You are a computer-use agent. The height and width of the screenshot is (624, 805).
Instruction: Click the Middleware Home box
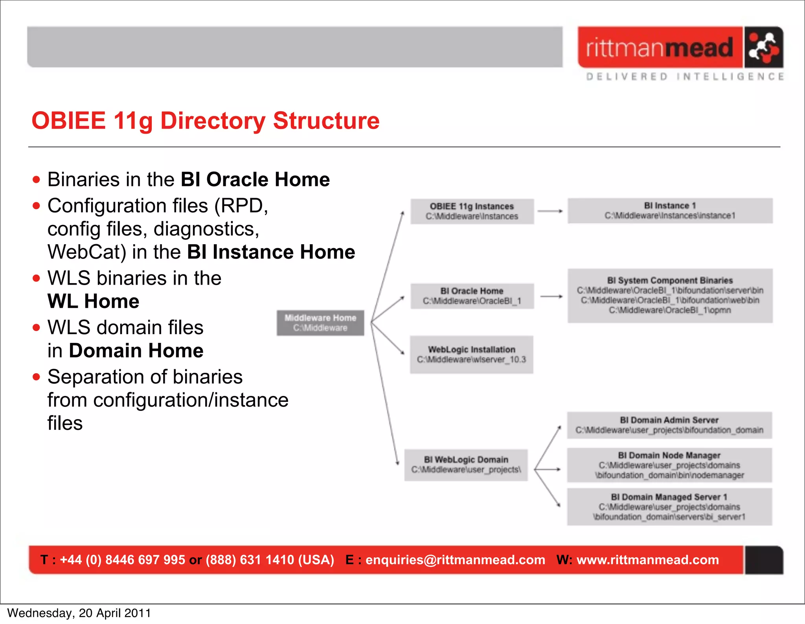click(x=320, y=323)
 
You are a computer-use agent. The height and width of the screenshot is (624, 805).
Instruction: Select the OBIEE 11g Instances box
click(x=472, y=212)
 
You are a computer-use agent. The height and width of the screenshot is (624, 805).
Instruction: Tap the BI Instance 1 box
click(x=670, y=211)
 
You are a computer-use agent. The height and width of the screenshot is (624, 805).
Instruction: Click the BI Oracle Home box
click(x=472, y=296)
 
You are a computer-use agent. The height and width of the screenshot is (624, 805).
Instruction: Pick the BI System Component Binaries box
click(x=670, y=296)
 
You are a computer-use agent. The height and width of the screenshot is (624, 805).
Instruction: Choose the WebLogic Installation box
click(x=471, y=354)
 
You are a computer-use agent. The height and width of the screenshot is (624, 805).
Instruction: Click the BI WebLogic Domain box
click(x=466, y=465)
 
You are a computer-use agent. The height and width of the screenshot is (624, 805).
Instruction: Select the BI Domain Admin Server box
click(x=669, y=425)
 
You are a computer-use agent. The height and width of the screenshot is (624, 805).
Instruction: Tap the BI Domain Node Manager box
click(x=669, y=465)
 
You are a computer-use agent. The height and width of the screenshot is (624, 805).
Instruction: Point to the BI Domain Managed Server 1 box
click(x=669, y=507)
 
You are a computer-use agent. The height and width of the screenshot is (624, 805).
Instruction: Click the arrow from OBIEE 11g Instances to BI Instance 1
click(x=550, y=211)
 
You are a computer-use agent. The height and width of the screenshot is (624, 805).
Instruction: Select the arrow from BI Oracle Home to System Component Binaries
click(x=551, y=296)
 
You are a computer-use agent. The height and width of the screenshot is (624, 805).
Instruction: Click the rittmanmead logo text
click(x=660, y=48)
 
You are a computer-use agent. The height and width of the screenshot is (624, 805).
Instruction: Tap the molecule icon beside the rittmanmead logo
click(x=763, y=48)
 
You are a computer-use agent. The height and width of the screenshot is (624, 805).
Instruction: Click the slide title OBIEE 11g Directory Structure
click(x=206, y=120)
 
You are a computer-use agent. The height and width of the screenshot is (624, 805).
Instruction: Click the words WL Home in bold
click(x=94, y=302)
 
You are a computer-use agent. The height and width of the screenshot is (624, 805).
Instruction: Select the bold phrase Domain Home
click(x=136, y=351)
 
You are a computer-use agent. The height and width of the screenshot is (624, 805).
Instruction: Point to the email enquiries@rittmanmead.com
click(x=455, y=560)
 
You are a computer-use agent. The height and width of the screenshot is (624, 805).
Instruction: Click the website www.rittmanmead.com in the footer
click(x=647, y=560)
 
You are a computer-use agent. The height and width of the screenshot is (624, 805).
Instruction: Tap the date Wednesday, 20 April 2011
click(x=79, y=613)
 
